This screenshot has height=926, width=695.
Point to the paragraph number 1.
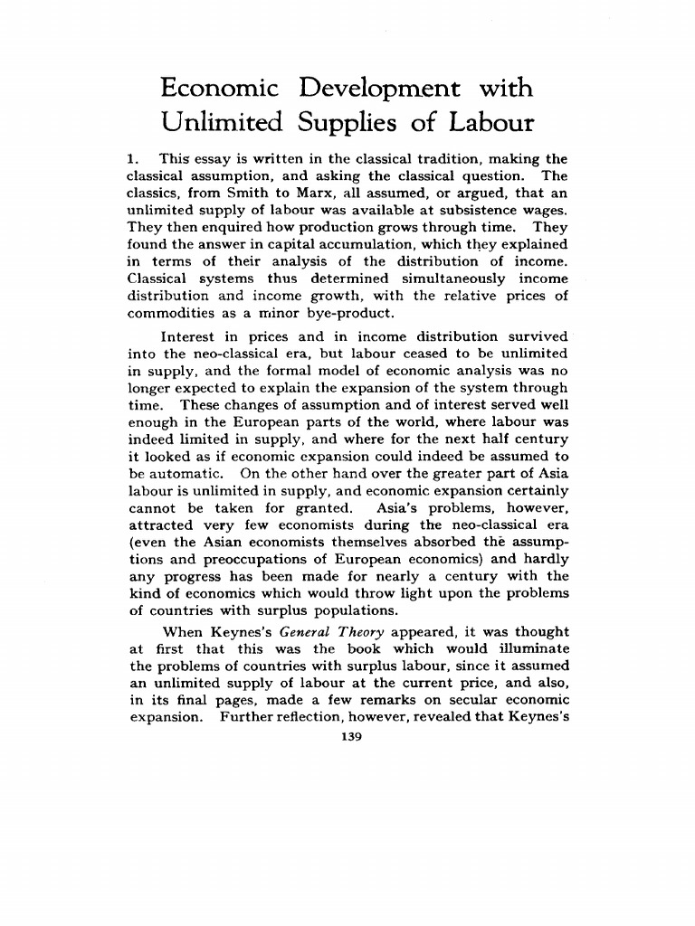pyautogui.click(x=131, y=159)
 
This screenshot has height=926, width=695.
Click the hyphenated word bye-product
pyautogui.click(x=348, y=313)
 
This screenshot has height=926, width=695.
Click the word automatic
pyautogui.click(x=185, y=473)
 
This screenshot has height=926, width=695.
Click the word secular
pyautogui.click(x=467, y=701)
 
